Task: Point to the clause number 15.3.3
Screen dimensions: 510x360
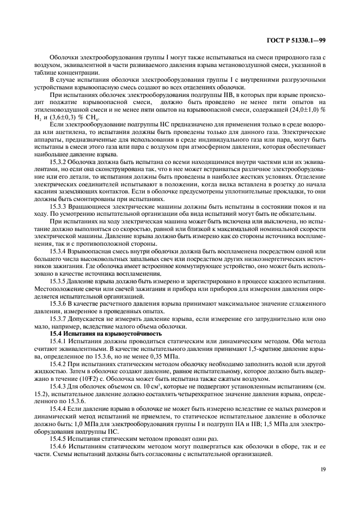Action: (59, 208)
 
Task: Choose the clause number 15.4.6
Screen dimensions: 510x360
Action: (59, 447)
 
